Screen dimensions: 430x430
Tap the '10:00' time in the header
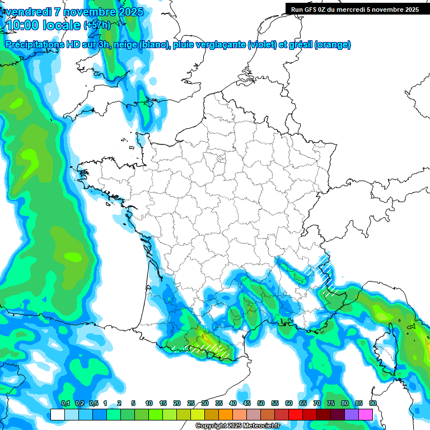click(22, 25)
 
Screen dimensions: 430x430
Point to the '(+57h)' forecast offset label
click(96, 25)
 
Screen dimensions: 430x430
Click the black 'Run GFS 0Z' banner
click(354, 9)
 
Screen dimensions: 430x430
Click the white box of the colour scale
click(57, 414)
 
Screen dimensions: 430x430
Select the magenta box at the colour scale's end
click(366, 414)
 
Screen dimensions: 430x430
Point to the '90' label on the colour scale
click(372, 403)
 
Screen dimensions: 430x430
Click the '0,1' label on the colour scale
click(66, 403)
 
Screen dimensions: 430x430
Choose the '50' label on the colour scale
click(261, 403)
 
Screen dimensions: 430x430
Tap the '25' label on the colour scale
click(191, 403)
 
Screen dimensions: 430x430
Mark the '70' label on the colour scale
click(317, 403)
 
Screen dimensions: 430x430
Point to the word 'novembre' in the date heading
click(87, 11)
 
